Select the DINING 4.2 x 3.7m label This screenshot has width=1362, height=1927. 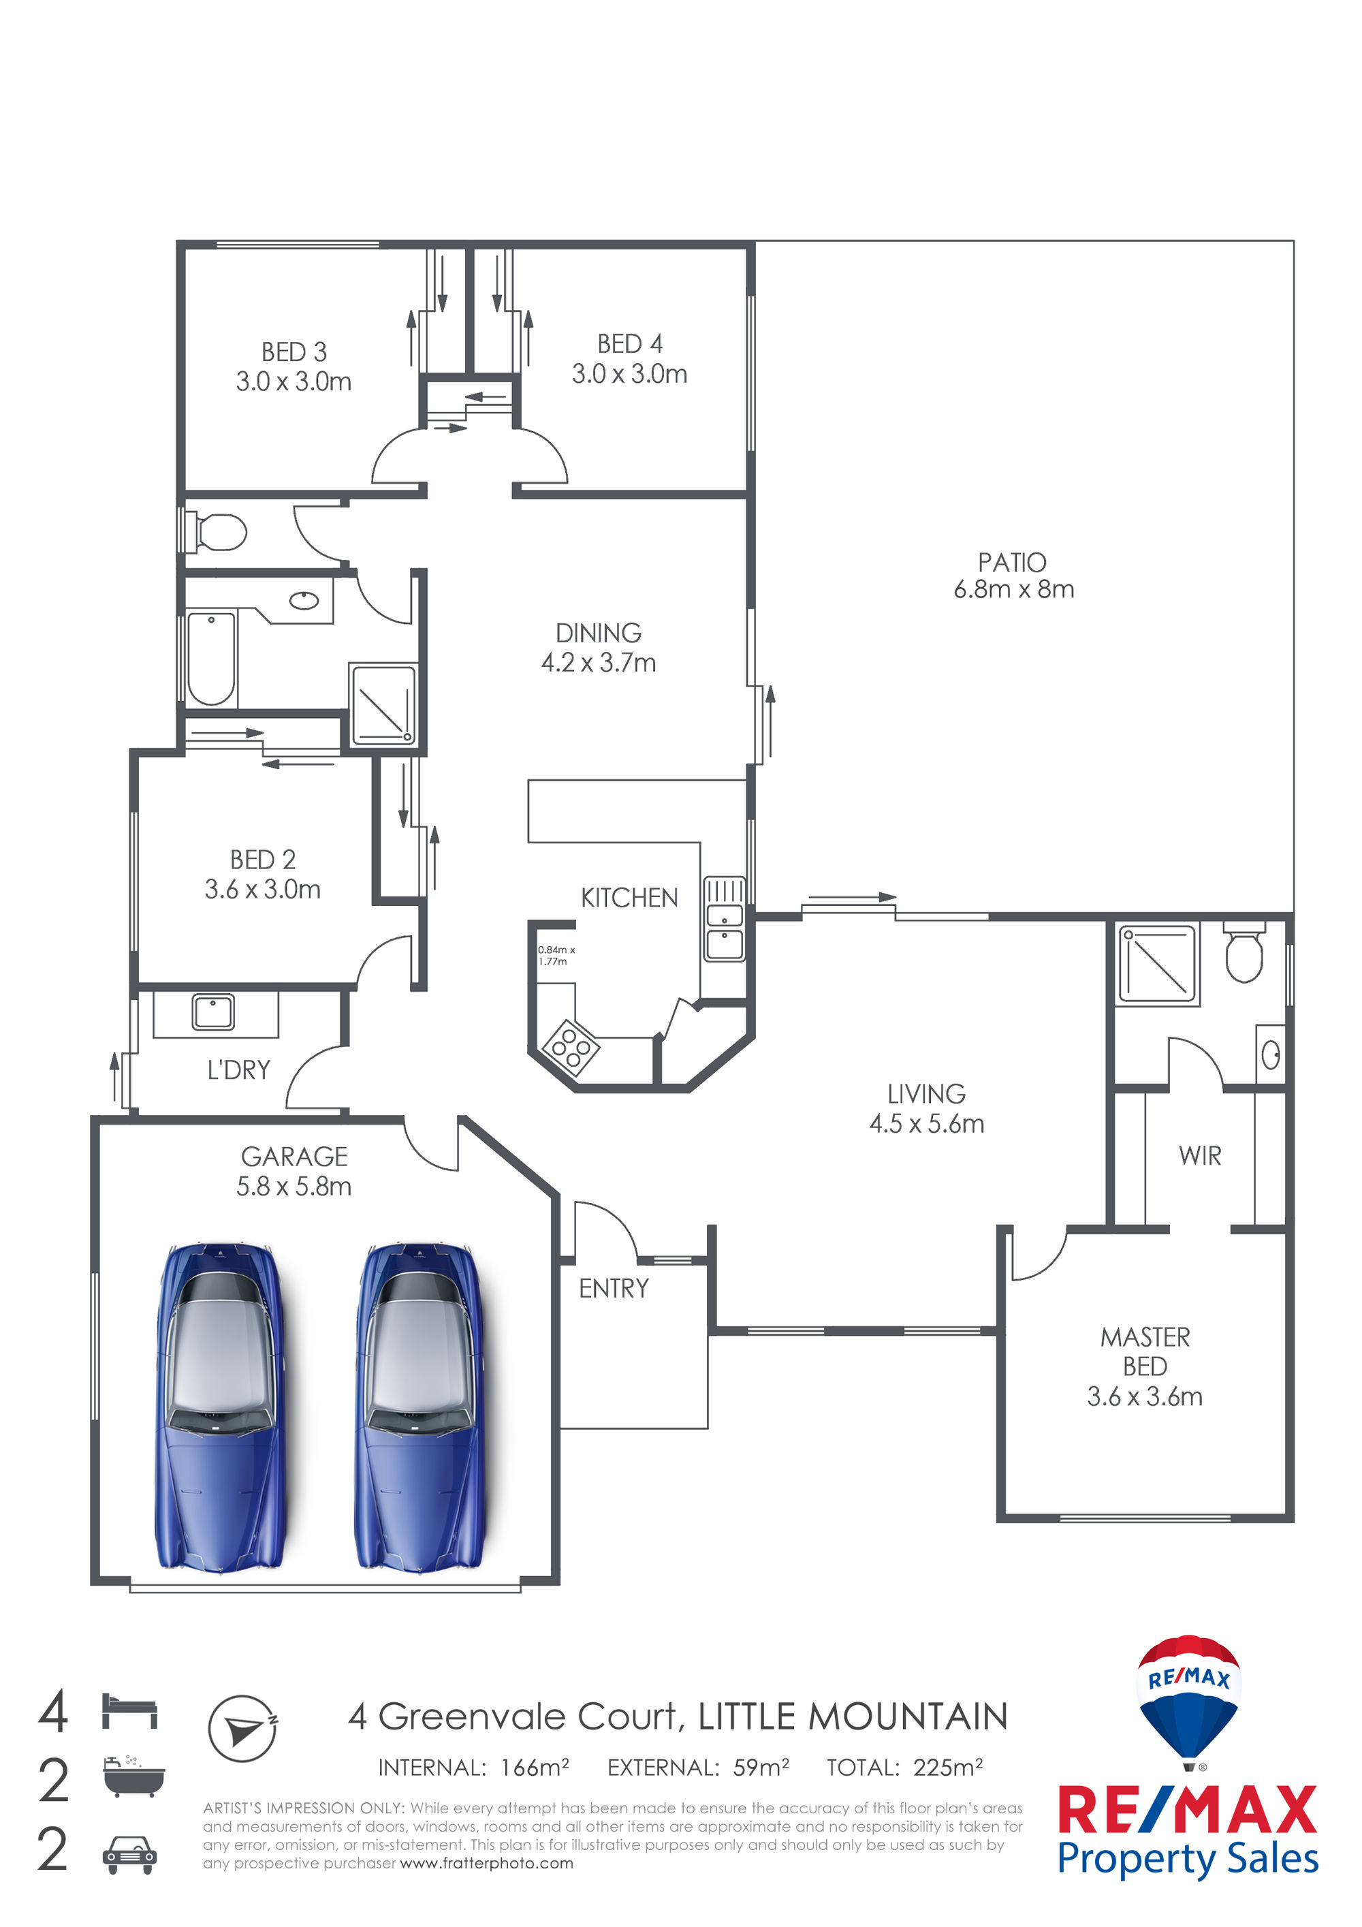(599, 647)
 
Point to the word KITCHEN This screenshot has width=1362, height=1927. (629, 898)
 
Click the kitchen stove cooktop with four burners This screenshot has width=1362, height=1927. (571, 1048)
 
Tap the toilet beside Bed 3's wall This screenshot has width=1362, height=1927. (216, 532)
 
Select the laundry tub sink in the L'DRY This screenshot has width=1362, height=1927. (213, 1012)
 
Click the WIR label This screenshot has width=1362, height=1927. (1199, 1156)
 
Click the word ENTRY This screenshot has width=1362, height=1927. (614, 1288)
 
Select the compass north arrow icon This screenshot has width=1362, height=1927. (242, 1729)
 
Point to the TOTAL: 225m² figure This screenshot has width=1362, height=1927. (904, 1768)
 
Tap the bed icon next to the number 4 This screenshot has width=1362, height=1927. (129, 1710)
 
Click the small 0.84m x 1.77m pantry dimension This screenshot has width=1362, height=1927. (556, 955)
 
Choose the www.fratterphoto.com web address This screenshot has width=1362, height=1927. (487, 1863)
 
